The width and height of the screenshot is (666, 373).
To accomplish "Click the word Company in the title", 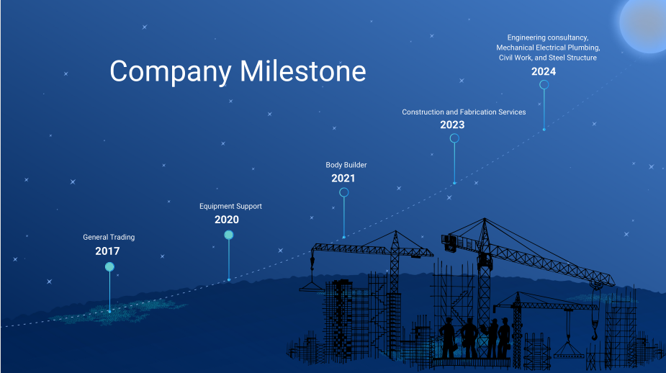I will pos(171,71).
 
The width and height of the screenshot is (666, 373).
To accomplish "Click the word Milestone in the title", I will pos(303,71).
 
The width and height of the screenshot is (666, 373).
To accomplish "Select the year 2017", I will pos(107,251).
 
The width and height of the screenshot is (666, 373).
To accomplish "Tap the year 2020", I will pos(227,220).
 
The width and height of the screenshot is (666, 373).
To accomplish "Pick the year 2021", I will pos(343,178).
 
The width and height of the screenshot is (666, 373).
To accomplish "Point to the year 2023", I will pos(452,125).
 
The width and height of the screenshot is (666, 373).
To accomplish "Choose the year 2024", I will pos(544,71).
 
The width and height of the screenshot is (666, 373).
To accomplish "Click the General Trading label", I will pos(109,237).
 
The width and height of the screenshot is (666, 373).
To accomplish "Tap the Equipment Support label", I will pos(230,206).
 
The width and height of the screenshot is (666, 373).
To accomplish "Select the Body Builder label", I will pos(346,165).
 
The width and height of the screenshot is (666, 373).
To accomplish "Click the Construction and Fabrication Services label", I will pos(464,112).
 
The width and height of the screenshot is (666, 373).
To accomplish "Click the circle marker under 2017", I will pos(109,266).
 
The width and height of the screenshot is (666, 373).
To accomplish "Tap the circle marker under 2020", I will pos(228,235).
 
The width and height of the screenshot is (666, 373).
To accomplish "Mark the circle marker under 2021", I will pos(344,192).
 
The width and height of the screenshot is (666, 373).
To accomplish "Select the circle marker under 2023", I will pos(454,138).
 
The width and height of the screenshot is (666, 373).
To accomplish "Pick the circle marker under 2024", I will pos(544,84).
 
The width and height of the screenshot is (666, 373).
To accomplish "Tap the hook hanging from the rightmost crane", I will pos(595,333).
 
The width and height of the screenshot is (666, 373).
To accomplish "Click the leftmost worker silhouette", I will pos(448,337).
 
